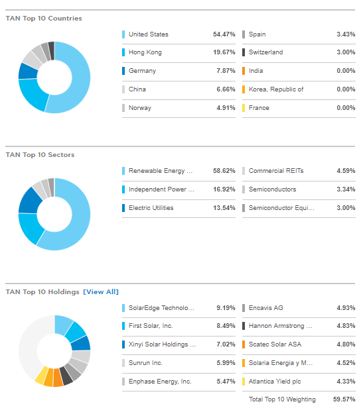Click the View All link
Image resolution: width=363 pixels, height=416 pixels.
(x=101, y=291)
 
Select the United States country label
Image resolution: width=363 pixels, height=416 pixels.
(x=148, y=34)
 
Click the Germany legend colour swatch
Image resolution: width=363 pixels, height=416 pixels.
(x=124, y=71)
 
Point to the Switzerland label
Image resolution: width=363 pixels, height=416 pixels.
(x=265, y=52)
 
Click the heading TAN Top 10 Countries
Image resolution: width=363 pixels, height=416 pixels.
(x=44, y=19)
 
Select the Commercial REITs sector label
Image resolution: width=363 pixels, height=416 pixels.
(x=276, y=171)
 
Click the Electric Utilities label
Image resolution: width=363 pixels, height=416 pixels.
(x=151, y=208)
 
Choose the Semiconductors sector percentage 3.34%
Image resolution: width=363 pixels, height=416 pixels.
(x=344, y=189)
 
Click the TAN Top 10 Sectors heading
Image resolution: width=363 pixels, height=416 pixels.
(x=40, y=155)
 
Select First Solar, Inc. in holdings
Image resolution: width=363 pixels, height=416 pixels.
(x=151, y=326)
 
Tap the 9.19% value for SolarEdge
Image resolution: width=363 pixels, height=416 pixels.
(x=226, y=308)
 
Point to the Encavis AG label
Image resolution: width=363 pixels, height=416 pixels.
(x=265, y=308)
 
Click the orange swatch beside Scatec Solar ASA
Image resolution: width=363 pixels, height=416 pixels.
(x=244, y=344)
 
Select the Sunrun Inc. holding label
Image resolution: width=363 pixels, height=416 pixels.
(x=145, y=363)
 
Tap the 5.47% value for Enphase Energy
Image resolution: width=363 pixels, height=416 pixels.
(x=226, y=382)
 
